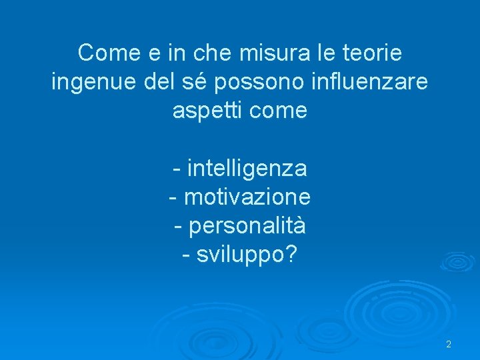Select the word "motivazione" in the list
pos(247,197)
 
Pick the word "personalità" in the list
pos(247,227)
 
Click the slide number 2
pos(449,345)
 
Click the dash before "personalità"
pos(178,227)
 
